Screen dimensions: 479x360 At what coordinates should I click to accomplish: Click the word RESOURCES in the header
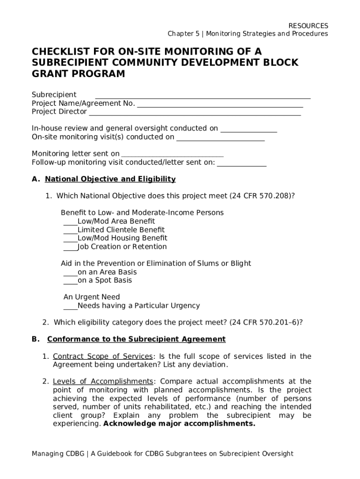[x=308, y=26]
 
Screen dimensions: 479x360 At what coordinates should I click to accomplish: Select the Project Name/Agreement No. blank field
[x=220, y=104]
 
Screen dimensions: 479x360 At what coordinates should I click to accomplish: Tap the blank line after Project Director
[x=194, y=112]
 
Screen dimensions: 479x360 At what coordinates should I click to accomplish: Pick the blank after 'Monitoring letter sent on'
[x=172, y=154]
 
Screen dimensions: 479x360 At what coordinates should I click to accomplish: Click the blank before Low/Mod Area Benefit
[x=70, y=222]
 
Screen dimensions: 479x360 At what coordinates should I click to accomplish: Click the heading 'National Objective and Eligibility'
[x=110, y=179]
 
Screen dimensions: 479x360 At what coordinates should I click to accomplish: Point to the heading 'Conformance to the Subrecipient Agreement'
[x=137, y=339]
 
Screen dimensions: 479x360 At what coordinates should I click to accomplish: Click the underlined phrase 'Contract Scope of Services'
[x=103, y=356]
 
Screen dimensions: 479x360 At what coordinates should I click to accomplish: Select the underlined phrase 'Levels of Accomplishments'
[x=103, y=382]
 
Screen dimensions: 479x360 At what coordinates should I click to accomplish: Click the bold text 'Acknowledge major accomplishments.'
[x=179, y=424]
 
